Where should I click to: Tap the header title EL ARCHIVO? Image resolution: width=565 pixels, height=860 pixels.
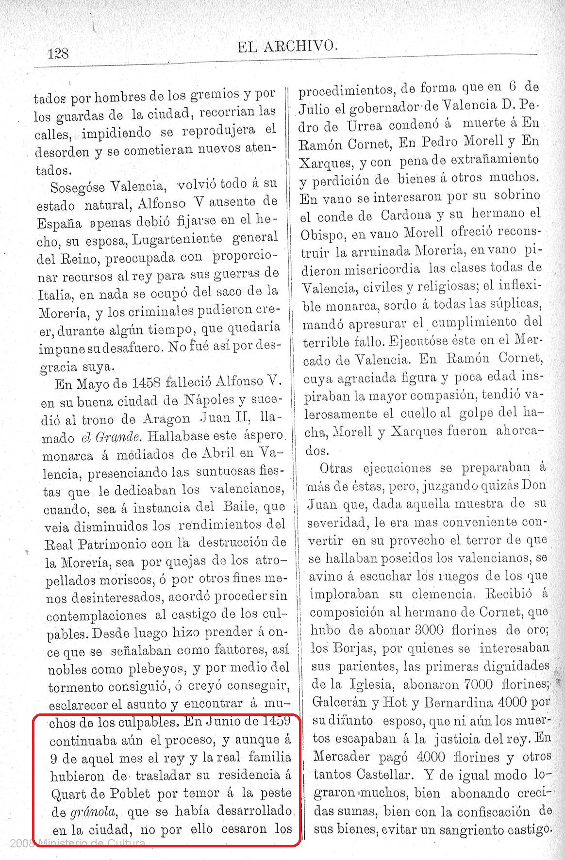[286, 47]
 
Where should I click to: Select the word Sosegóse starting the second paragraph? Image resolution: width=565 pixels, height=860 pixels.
[78, 187]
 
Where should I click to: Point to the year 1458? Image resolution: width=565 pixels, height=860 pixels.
[146, 383]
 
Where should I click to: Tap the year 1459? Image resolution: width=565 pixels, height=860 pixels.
[277, 721]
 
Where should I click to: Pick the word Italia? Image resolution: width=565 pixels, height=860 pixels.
[55, 295]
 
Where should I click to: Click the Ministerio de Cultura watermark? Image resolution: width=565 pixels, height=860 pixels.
[92, 843]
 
